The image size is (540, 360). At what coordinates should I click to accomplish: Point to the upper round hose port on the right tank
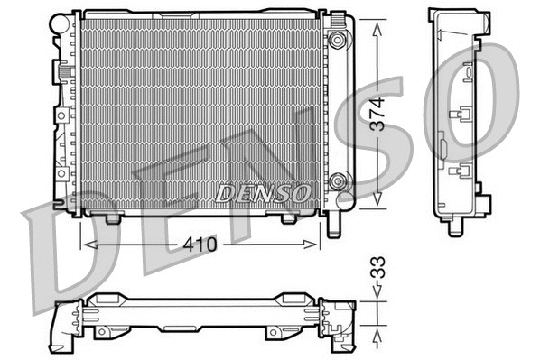coord(338,40)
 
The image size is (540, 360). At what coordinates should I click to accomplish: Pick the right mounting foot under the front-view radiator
coord(288,218)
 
